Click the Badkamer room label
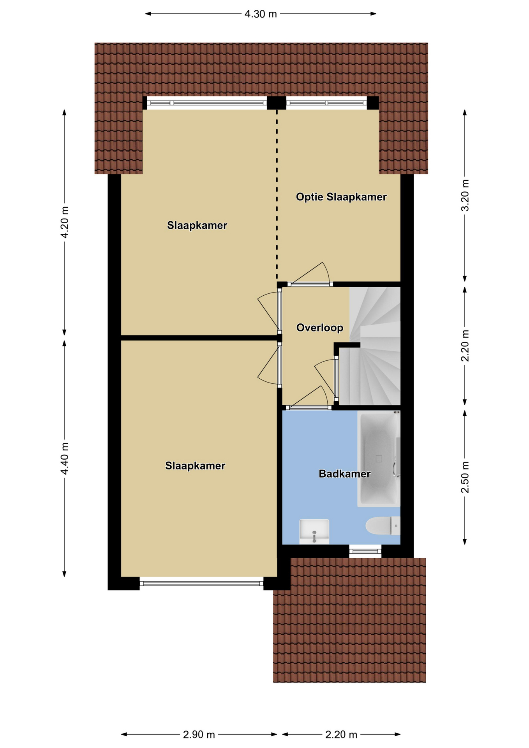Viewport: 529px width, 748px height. click(x=344, y=474)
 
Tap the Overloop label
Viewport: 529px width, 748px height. click(x=320, y=328)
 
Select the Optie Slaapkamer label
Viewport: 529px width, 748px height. click(x=341, y=197)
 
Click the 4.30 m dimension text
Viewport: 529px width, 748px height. click(x=261, y=14)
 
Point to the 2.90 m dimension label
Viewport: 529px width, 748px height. click(x=199, y=734)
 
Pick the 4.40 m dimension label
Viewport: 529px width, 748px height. click(x=65, y=459)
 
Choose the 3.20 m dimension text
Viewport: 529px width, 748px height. click(x=465, y=195)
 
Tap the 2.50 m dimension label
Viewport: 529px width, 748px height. click(x=465, y=477)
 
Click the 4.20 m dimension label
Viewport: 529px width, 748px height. click(x=65, y=222)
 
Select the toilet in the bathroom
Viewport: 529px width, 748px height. click(x=383, y=526)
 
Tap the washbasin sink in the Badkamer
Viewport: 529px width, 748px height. click(x=314, y=531)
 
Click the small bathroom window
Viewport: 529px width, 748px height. click(x=365, y=551)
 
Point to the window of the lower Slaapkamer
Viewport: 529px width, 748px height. click(x=201, y=583)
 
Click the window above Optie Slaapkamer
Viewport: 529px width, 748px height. click(x=326, y=103)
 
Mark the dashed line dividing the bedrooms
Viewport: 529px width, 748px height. click(x=277, y=195)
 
